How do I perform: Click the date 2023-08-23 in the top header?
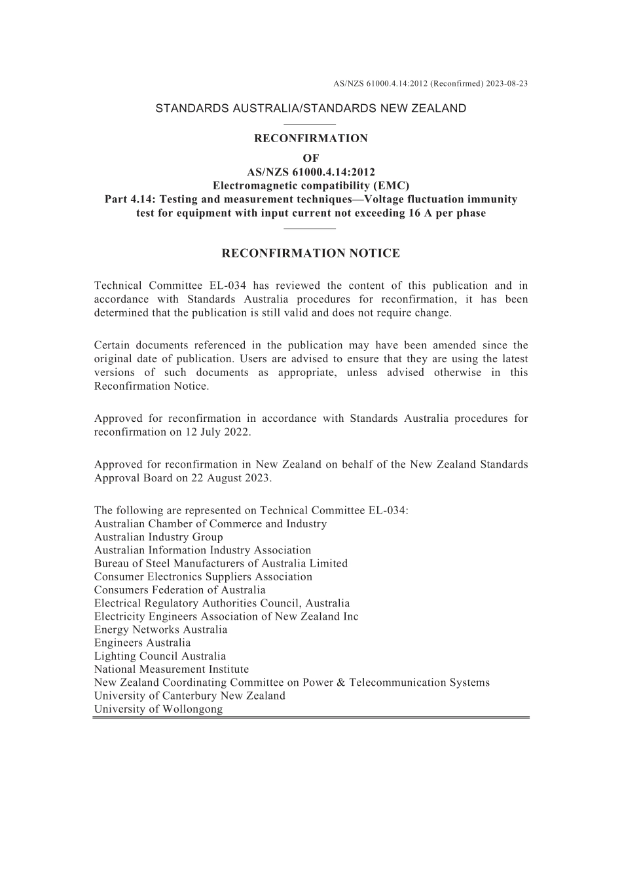click(x=507, y=84)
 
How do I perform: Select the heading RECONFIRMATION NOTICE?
click(x=311, y=253)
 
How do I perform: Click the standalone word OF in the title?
click(x=311, y=158)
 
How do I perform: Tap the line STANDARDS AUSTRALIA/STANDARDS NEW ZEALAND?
click(x=311, y=109)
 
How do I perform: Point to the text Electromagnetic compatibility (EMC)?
click(x=311, y=185)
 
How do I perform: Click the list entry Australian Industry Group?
click(x=158, y=537)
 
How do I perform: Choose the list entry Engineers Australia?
click(x=143, y=643)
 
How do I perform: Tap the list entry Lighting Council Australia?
click(x=160, y=656)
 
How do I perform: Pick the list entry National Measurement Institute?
click(x=172, y=669)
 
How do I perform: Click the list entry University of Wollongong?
click(x=158, y=709)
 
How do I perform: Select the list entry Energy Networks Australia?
click(x=161, y=630)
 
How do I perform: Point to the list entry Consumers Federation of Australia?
click(x=180, y=590)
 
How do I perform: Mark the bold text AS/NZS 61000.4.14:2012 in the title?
click(x=311, y=172)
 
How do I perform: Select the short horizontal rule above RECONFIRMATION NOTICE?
click(x=311, y=228)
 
